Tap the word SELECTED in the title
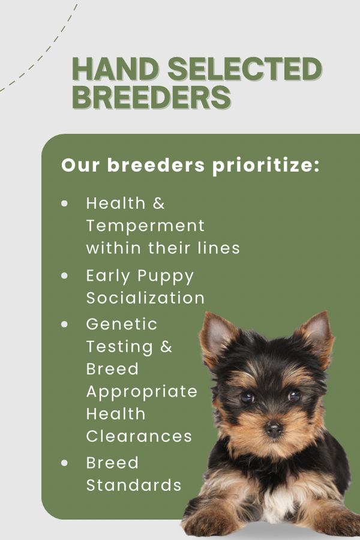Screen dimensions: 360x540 245,69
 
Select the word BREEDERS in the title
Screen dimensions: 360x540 152,97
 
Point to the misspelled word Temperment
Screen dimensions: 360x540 145,226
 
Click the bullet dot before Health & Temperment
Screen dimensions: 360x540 64,203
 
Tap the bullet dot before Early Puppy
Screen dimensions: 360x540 64,275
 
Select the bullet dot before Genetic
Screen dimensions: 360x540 64,324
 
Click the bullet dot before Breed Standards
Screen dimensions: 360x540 64,463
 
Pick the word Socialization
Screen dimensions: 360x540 145,298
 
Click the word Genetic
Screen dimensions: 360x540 122,324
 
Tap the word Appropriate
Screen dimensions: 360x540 142,392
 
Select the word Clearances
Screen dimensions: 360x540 139,436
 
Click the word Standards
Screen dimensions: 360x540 134,485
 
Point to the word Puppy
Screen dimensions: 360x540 166,277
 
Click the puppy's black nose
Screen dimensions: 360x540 274,429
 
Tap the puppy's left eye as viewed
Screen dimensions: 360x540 247,398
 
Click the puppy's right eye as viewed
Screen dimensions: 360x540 294,395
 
